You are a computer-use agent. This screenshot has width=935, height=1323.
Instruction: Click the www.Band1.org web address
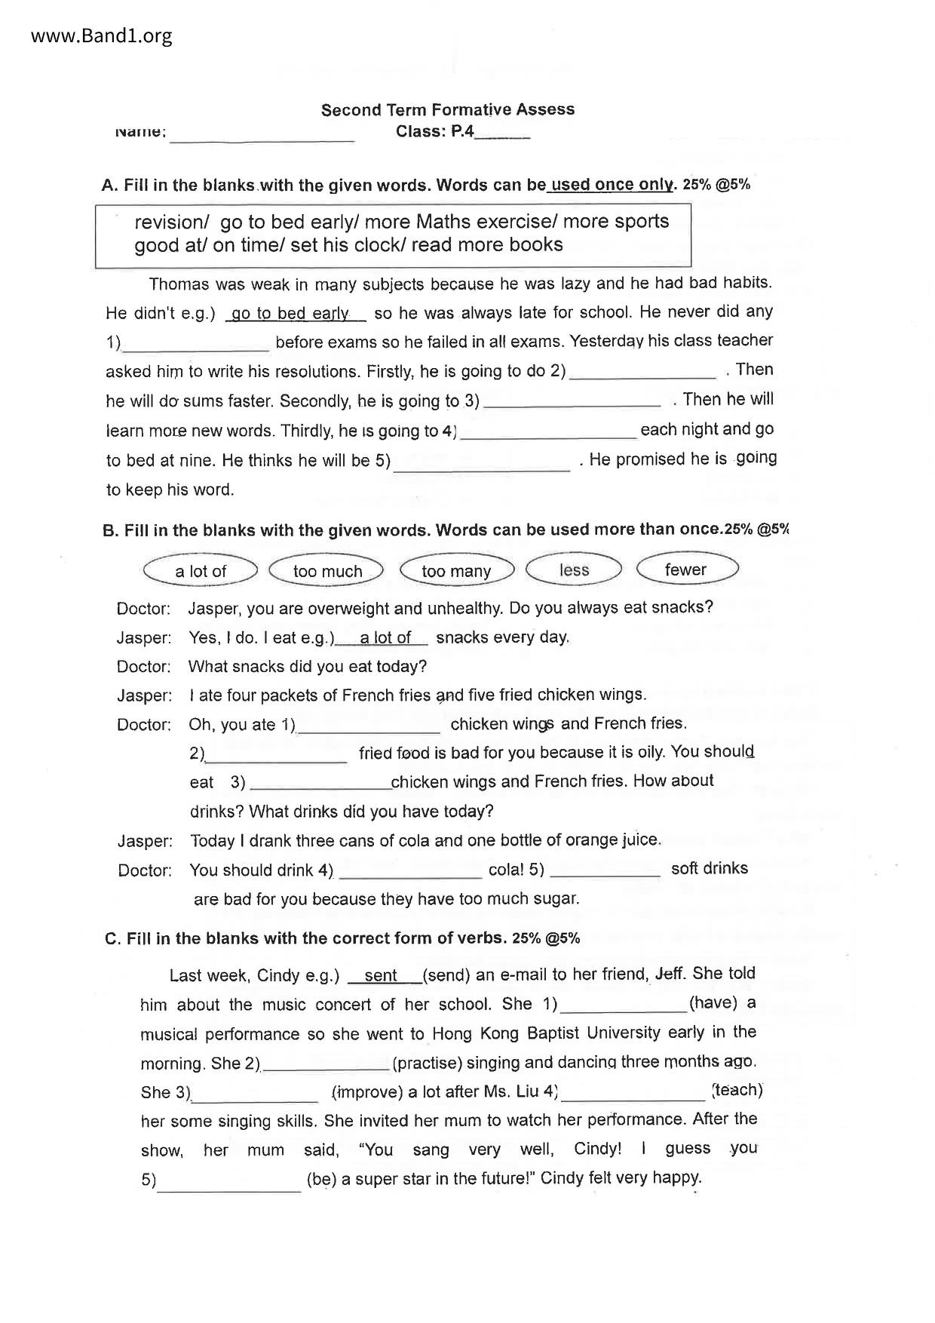pos(102,36)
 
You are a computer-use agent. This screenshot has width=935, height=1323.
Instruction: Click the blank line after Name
pos(262,134)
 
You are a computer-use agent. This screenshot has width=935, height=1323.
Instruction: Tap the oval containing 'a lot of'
pos(201,571)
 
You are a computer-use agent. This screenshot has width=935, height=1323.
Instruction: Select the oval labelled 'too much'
pos(327,571)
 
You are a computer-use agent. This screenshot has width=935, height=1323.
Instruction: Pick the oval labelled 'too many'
pos(456,571)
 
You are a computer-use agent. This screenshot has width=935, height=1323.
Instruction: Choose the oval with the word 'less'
pos(574,569)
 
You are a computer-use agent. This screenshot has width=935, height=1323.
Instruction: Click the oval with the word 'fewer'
pos(685,569)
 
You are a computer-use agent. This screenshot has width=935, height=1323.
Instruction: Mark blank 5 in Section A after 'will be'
pos(482,463)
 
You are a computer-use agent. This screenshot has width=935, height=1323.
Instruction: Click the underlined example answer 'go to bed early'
pos(290,314)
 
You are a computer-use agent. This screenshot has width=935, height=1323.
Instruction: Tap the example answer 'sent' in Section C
pos(381,976)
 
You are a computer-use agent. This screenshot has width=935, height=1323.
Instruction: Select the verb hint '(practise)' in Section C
pos(427,1063)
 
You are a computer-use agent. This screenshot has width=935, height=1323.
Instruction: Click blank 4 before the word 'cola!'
pos(411,872)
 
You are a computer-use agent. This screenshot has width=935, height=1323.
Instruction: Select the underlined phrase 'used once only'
pos(612,185)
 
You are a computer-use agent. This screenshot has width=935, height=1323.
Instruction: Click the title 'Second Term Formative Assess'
pos(448,110)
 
